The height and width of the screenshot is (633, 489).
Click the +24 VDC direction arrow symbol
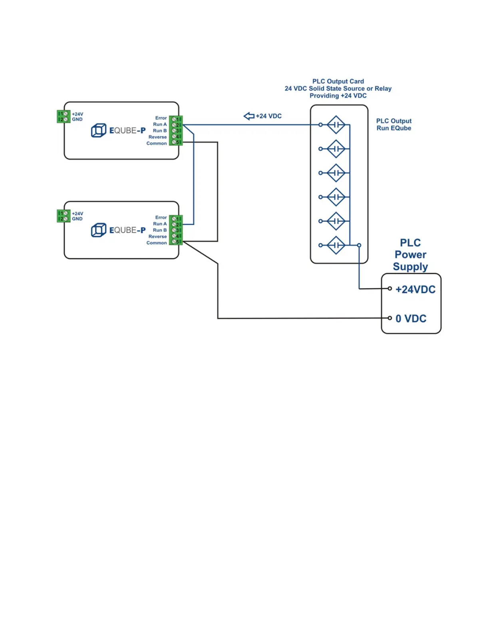(249, 116)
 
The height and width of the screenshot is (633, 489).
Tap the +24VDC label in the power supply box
(415, 289)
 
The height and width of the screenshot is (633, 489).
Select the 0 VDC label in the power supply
(411, 318)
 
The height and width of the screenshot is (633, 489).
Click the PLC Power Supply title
(410, 255)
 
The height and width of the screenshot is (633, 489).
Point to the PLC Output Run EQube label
(394, 124)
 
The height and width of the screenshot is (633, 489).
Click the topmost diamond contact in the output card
(336, 125)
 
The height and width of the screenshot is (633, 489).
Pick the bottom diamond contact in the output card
(336, 245)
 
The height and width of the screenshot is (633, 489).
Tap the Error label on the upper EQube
(161, 118)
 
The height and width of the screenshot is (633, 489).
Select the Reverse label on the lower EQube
(157, 236)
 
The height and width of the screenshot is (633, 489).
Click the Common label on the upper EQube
(156, 143)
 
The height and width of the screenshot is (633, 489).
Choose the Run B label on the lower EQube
(160, 230)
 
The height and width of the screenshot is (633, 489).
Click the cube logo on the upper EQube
(99, 130)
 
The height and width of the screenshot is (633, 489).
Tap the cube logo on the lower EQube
(99, 230)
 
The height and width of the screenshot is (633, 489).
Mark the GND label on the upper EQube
(77, 119)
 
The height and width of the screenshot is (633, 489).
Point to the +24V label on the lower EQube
(78, 213)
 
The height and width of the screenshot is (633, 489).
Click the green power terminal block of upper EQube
(64, 116)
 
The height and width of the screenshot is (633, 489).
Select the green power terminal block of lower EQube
(64, 216)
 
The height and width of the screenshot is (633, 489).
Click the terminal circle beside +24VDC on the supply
(390, 289)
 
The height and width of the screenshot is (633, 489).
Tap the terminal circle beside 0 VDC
(390, 318)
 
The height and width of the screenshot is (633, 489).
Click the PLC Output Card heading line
(338, 81)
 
